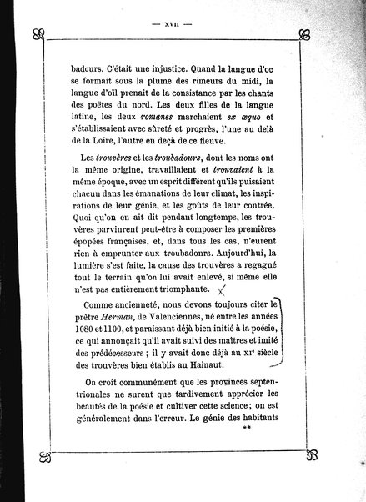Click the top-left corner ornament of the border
(x=37, y=35)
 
